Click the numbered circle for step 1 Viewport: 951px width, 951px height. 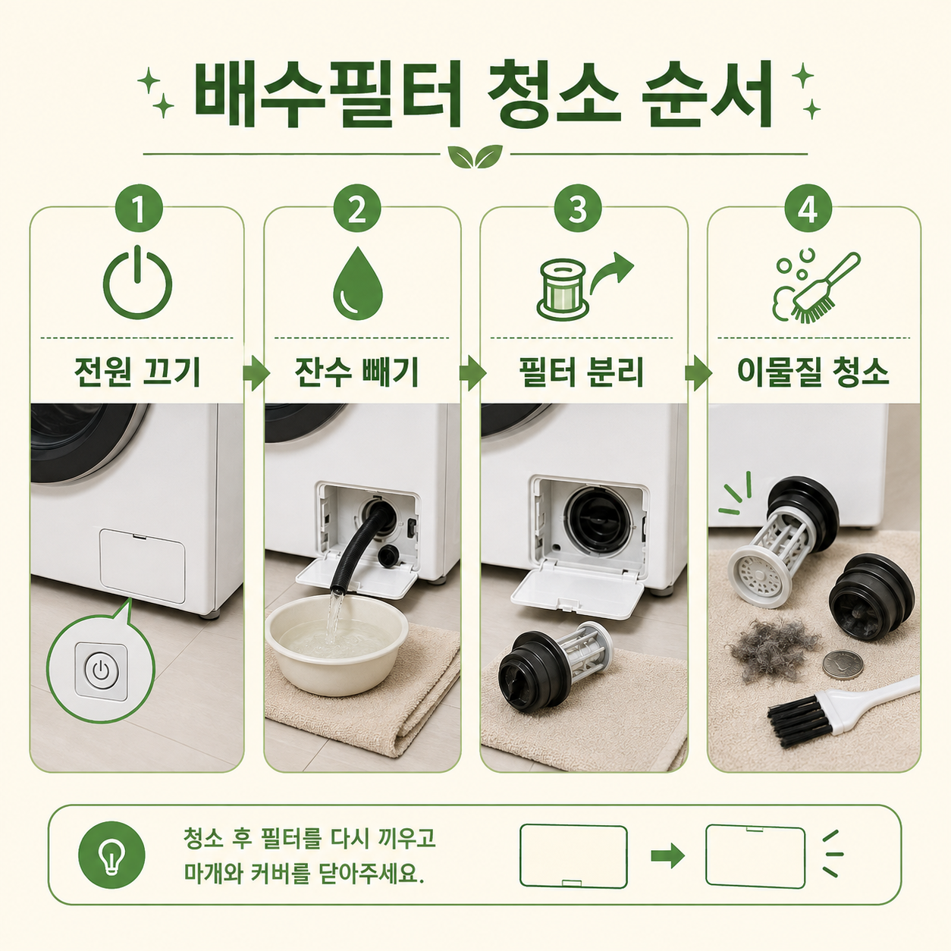(x=139, y=209)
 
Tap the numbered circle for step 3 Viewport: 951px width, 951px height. (x=578, y=209)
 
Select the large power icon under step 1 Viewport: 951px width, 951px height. (x=138, y=283)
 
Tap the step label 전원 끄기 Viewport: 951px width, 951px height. (x=137, y=372)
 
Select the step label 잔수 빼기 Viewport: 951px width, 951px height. (x=356, y=372)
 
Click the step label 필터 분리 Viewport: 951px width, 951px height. (x=582, y=372)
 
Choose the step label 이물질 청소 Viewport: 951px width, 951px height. (x=813, y=372)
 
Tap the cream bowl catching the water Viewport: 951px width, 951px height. (x=337, y=644)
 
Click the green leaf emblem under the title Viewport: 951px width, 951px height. (x=475, y=156)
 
